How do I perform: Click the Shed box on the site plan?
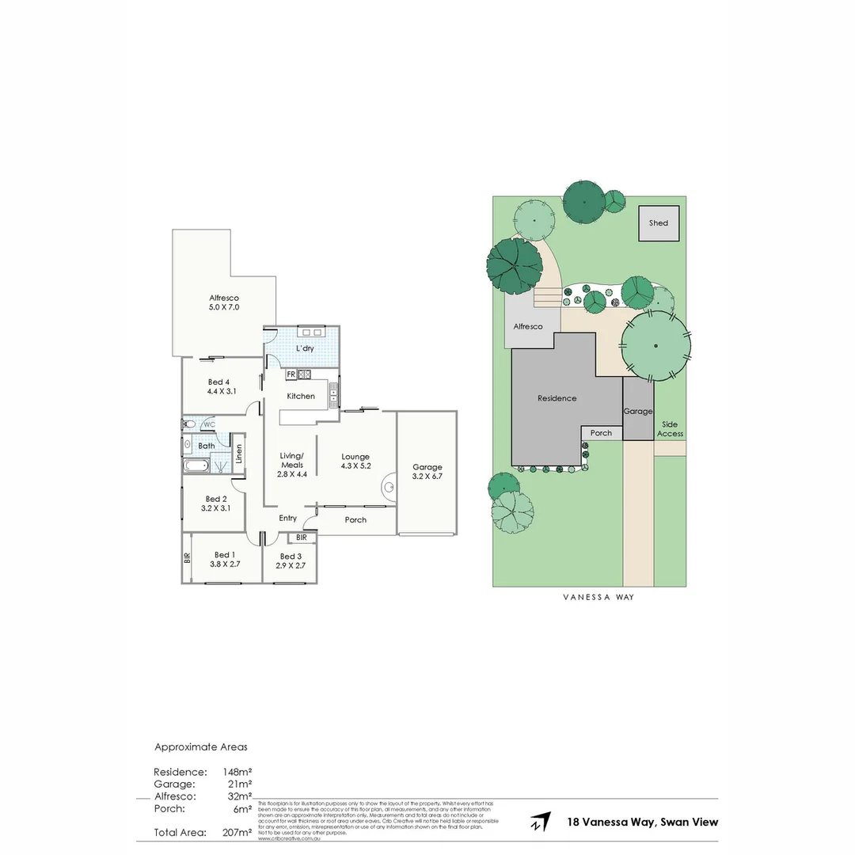coord(659,223)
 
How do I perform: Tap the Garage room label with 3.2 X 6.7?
coord(427,472)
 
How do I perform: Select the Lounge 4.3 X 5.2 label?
coord(355,462)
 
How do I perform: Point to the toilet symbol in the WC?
coord(189,425)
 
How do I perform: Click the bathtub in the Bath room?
coord(196,465)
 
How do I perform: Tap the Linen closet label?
coord(239,455)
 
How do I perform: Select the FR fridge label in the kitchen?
coord(291,374)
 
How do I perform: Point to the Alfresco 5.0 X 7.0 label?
coord(224,302)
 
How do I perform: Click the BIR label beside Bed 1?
coord(188,557)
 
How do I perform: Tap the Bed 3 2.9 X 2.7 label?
coord(289,560)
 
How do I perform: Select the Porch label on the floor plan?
coord(355,520)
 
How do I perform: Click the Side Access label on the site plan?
coord(670,429)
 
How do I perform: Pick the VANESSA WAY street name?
coord(598,598)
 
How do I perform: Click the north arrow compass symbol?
coord(541,822)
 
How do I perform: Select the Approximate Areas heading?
coord(200,747)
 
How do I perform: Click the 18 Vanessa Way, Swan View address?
coord(643,822)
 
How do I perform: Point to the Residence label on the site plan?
coord(557,398)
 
